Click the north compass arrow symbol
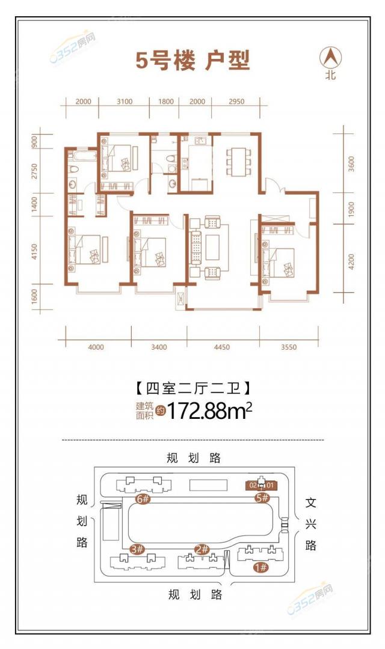click(x=330, y=58)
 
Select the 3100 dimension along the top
click(x=124, y=102)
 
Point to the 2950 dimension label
click(x=236, y=102)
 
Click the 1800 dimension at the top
click(x=165, y=102)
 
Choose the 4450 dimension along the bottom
click(x=223, y=347)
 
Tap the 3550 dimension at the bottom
click(x=289, y=347)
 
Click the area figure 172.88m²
click(x=209, y=411)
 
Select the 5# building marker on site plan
click(x=261, y=498)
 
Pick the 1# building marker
click(x=261, y=567)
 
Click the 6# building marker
click(x=143, y=499)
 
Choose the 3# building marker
click(x=137, y=549)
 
